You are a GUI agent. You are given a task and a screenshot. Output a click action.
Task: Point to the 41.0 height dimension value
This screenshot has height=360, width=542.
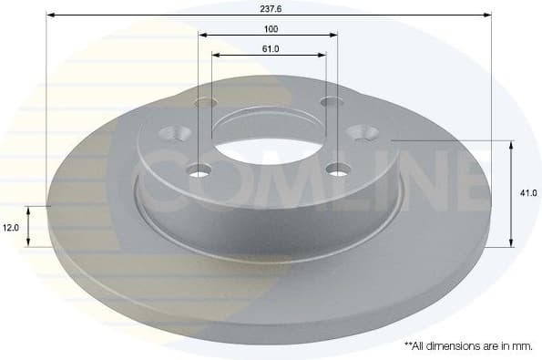pos(527,192)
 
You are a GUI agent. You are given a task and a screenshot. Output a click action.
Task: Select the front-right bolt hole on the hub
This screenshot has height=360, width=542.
pos(339,169)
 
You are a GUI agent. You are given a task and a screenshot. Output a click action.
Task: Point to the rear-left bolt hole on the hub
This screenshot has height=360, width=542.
pos(206,102)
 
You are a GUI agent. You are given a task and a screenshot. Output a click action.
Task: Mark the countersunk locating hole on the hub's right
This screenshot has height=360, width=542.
pos(366,133)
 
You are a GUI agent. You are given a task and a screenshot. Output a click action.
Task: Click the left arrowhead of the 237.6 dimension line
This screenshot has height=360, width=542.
pos(50,15)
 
